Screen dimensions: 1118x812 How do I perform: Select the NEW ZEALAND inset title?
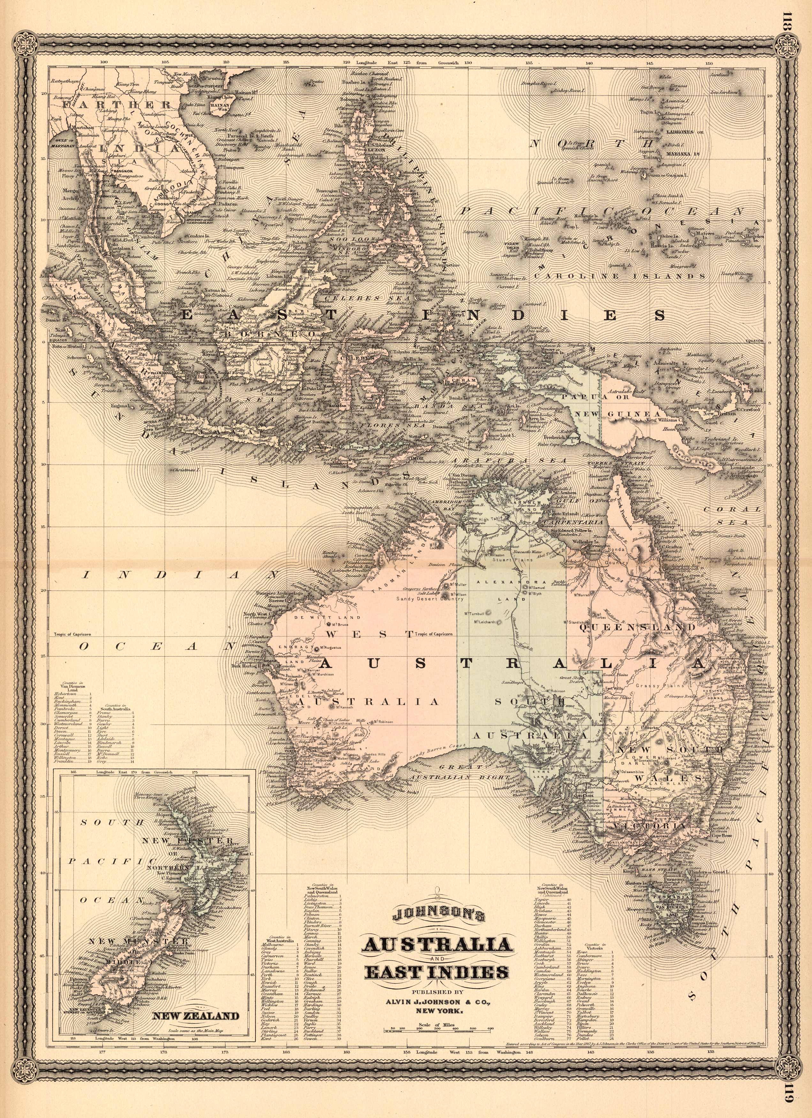coord(196,1002)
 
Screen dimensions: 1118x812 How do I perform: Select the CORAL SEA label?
coord(725,515)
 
